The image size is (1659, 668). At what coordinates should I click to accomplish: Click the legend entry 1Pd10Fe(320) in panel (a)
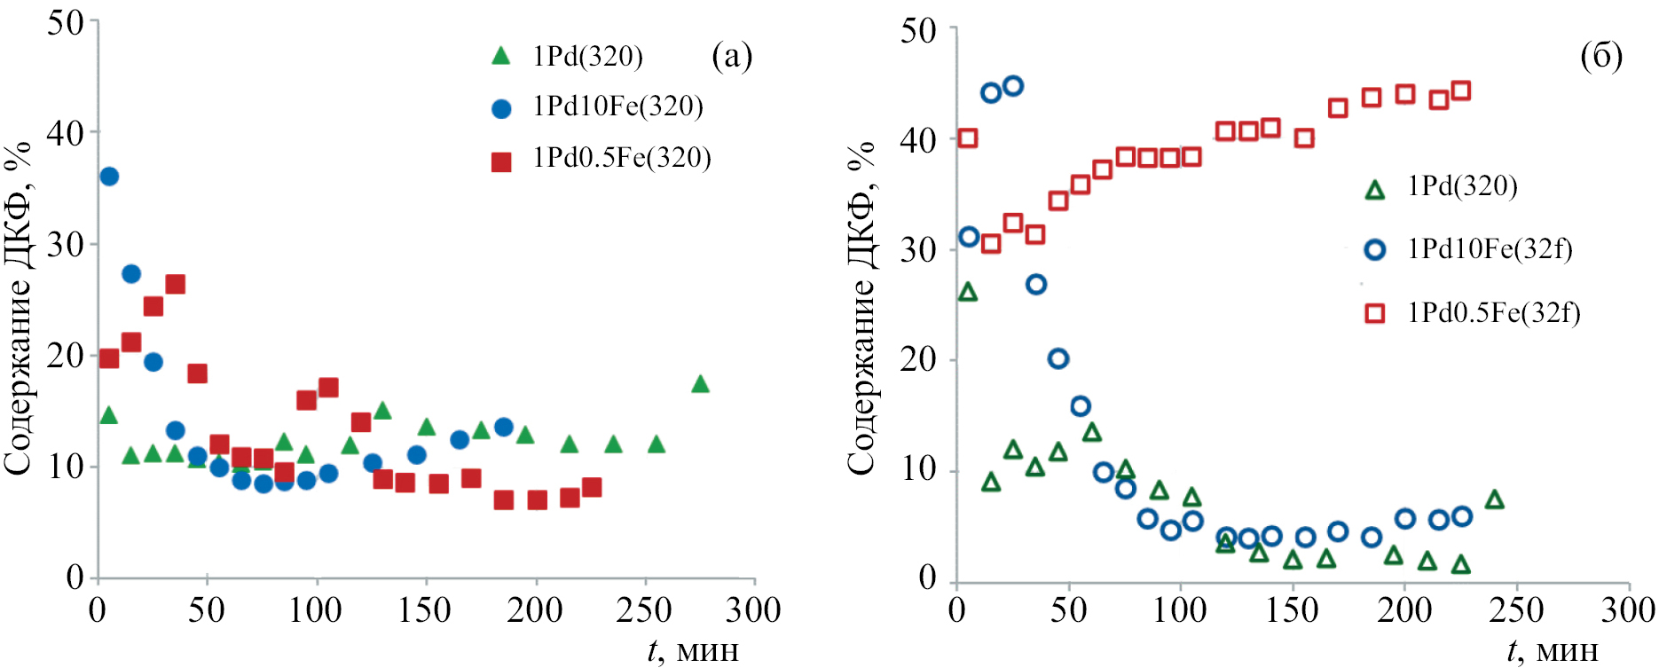617,107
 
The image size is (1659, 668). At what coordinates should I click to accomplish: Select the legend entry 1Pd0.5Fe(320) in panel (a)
622,159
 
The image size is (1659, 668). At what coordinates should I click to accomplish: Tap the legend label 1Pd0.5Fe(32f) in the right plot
1494,313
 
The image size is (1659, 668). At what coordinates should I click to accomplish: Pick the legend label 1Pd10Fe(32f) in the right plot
1490,249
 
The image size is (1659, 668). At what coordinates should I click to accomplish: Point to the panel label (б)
1601,57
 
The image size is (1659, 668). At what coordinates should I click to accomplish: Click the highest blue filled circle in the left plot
109,177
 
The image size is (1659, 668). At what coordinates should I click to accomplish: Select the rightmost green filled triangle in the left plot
700,384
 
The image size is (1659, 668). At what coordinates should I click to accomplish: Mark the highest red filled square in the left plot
175,284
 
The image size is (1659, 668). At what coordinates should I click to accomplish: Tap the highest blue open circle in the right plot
1013,86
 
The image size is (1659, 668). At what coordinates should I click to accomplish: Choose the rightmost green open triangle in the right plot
1494,499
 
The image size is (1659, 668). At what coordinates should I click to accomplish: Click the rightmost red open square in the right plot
1461,90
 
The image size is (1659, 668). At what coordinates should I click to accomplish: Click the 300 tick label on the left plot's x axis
753,611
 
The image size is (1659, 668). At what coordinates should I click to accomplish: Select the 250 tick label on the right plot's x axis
1516,611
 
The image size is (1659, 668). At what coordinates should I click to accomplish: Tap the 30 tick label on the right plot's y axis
918,250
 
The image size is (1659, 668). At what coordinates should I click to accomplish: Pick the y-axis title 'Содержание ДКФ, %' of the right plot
861,306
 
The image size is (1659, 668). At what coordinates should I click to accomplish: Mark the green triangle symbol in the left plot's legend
501,57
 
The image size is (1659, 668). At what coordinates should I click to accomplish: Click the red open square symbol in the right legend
1374,313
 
